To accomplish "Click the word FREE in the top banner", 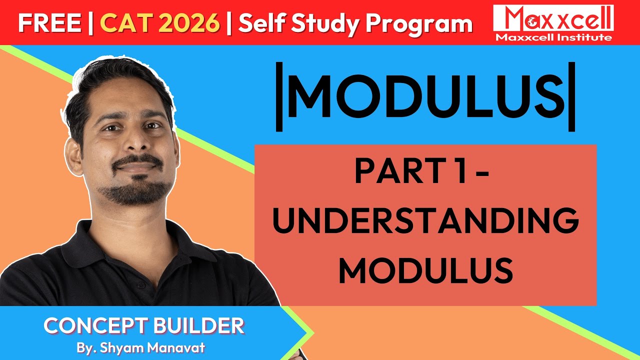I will click(x=49, y=23).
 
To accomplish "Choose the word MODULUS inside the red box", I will click(x=425, y=270).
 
